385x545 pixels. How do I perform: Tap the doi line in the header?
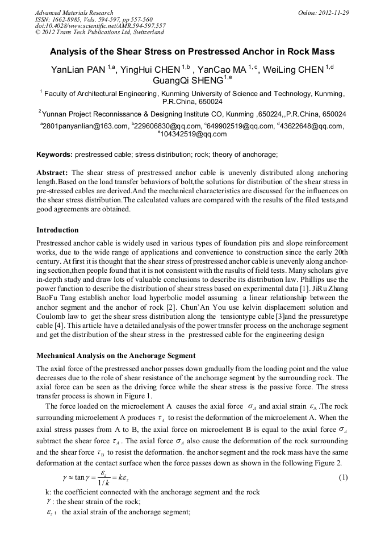click(x=100, y=26)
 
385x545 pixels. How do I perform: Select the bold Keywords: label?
click(x=55, y=154)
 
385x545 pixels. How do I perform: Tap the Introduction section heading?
click(x=57, y=230)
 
